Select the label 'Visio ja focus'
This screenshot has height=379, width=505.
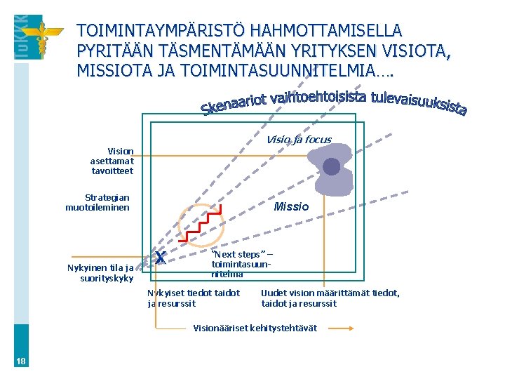298,139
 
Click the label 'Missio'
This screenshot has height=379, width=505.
290,206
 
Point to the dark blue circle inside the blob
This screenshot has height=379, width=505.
331,166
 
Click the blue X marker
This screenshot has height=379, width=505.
161,258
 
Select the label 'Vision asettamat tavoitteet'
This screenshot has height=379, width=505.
112,161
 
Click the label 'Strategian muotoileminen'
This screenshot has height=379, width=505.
97,203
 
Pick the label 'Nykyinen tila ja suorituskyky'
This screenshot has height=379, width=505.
100,272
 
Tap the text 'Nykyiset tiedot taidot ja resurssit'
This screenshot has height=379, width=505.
193,298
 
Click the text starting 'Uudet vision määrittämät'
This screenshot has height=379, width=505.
330,298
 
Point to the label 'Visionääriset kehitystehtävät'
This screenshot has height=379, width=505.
255,328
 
